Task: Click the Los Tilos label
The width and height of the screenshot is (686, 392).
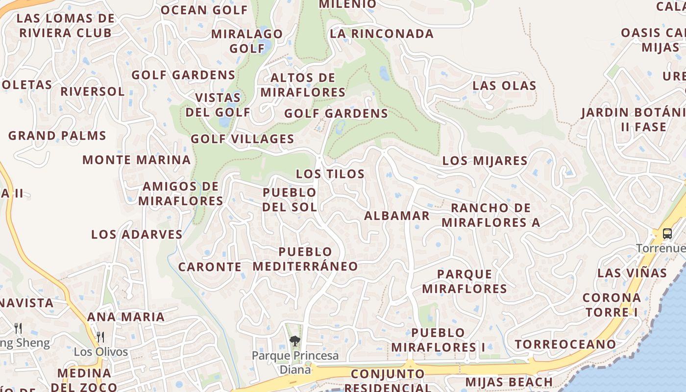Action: pos(330,174)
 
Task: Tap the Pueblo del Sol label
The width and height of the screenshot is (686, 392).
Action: pos(290,199)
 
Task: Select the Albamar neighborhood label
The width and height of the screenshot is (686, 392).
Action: pos(397,216)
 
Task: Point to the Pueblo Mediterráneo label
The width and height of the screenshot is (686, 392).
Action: pos(305,259)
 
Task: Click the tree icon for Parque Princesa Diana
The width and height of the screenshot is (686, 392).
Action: pos(294,341)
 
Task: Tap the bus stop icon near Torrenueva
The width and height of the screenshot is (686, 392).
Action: pos(667,234)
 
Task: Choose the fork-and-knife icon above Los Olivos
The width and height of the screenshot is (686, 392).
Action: pos(100,337)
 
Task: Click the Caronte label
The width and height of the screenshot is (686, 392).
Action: pos(210,267)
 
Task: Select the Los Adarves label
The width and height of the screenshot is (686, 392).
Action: pos(137,234)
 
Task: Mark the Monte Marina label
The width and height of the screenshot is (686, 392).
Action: pos(136,160)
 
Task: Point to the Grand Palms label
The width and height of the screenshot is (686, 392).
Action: pos(57,136)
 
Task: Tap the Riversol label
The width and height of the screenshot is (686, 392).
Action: pos(93,92)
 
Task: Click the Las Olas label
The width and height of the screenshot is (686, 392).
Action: pos(504,86)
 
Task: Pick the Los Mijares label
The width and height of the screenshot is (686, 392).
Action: pos(485,161)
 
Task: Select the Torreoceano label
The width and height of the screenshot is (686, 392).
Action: pos(565,344)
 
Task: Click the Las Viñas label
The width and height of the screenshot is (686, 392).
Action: pos(632,273)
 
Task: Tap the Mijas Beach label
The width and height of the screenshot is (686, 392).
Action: pos(509,382)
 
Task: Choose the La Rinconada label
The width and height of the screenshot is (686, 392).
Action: pos(382,34)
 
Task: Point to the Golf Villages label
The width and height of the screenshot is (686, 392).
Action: pos(243,139)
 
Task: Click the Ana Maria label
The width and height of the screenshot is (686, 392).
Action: pos(126,317)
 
